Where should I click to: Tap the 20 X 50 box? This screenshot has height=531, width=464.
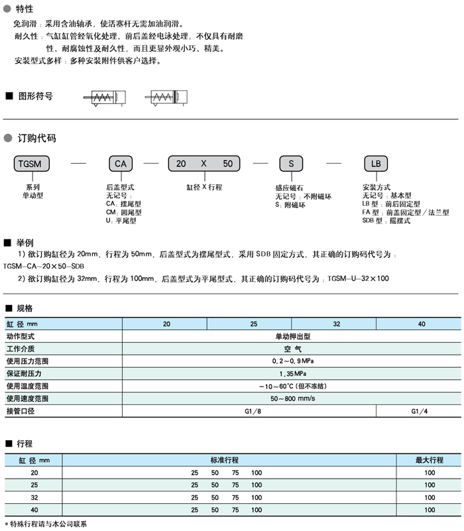click(204, 163)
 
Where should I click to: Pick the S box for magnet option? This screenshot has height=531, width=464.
click(290, 163)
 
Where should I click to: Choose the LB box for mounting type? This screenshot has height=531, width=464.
click(375, 163)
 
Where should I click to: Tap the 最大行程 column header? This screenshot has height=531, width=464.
click(430, 459)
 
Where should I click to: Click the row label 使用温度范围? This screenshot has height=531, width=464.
click(28, 386)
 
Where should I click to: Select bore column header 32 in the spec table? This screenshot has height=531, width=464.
click(337, 324)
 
